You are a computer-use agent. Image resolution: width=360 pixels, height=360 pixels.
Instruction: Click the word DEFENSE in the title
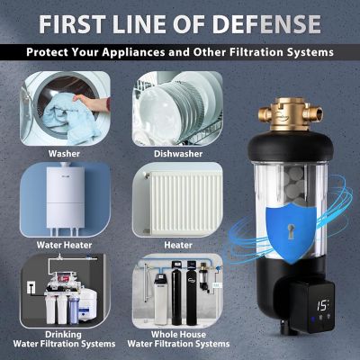(x=265, y=22)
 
